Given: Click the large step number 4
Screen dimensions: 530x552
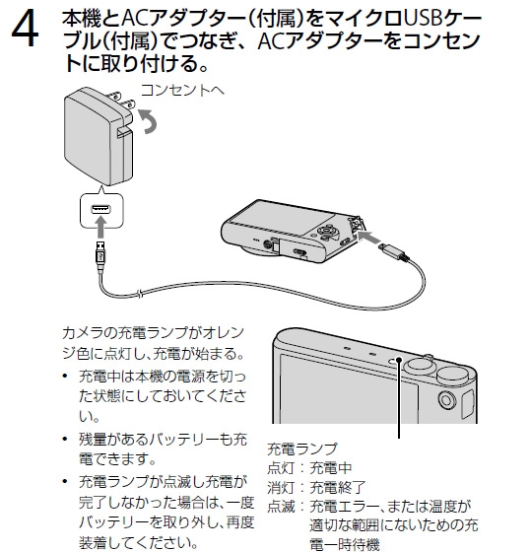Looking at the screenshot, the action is (x=25, y=31).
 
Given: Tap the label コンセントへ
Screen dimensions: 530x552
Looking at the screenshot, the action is (x=182, y=91).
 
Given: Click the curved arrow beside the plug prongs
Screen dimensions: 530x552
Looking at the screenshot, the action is (x=149, y=121).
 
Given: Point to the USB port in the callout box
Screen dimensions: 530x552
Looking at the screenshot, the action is (x=101, y=209).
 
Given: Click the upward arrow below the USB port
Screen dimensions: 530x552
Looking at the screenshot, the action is (x=101, y=228).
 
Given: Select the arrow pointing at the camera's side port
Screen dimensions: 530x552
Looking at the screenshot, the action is (x=368, y=238).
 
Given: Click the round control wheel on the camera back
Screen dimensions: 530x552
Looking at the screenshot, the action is (x=327, y=232).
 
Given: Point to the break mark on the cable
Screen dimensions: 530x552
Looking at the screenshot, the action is (x=141, y=293).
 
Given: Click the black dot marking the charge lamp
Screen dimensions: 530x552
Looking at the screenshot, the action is (x=399, y=360).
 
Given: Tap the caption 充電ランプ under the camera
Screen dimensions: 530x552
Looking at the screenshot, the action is (x=302, y=448).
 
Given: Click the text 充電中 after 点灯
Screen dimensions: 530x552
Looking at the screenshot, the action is (x=331, y=468).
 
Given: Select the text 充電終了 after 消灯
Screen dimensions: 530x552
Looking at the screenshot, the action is (x=338, y=488).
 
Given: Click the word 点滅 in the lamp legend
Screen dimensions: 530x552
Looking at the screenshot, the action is (x=281, y=507).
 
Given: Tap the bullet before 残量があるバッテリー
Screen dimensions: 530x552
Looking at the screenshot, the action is (x=65, y=439).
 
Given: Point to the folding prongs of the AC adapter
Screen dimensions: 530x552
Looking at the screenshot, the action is (x=122, y=100).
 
